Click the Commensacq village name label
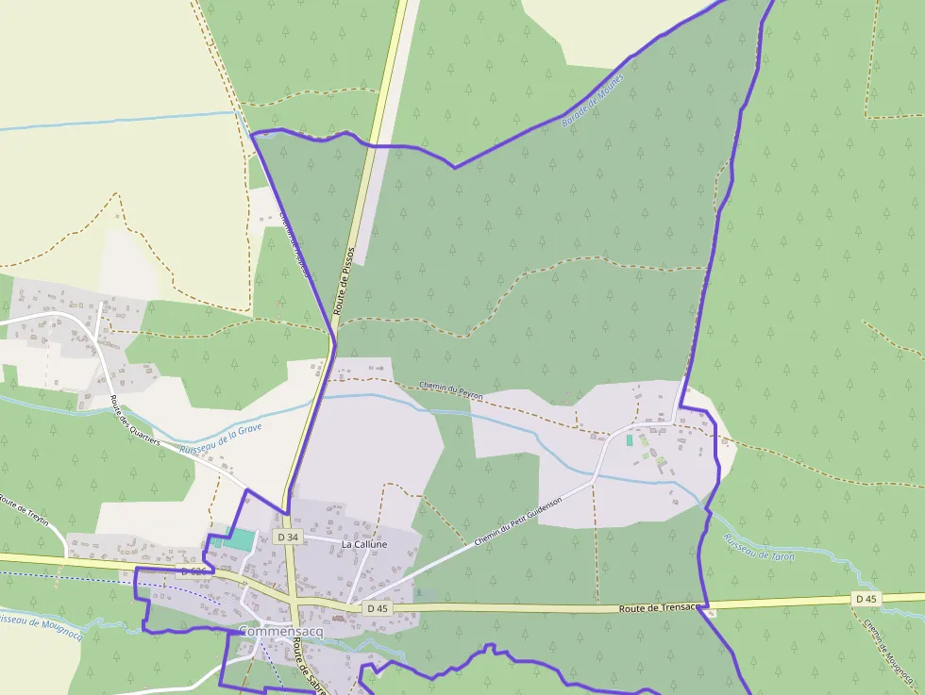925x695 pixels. [x=280, y=631]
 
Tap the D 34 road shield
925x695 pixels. [x=288, y=537]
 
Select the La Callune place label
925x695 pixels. [x=364, y=544]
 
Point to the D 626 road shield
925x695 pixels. [x=193, y=572]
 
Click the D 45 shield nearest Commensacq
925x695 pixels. [x=377, y=608]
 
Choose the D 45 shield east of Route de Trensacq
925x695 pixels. [x=866, y=599]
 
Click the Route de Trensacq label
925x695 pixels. [x=658, y=608]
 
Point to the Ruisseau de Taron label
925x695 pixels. [x=759, y=548]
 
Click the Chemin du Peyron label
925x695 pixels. [x=450, y=390]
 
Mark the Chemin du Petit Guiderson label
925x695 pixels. [x=518, y=521]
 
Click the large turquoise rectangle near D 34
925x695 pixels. [x=241, y=539]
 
